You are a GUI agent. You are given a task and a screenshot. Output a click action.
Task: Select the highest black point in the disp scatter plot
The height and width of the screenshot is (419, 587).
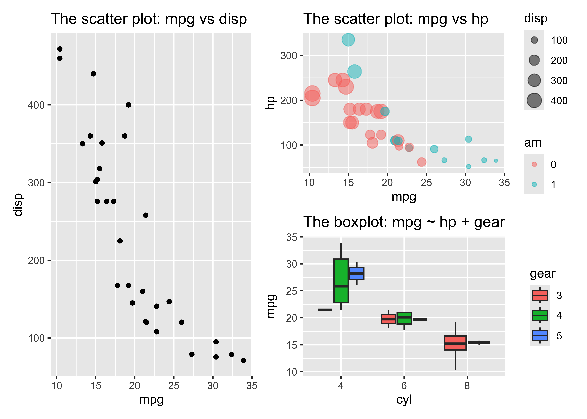(60, 49)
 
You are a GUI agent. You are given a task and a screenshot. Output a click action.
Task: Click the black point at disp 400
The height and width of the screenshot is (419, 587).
(129, 105)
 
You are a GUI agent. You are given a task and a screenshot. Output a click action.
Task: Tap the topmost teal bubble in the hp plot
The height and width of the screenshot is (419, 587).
(348, 40)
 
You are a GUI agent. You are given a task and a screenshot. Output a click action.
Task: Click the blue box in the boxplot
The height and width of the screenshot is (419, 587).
(357, 273)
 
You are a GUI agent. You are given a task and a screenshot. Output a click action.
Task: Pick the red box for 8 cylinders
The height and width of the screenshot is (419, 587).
(455, 343)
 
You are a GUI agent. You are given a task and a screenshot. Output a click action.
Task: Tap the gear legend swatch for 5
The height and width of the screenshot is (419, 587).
(540, 335)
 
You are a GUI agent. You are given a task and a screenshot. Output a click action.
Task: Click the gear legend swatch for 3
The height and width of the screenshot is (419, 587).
(540, 295)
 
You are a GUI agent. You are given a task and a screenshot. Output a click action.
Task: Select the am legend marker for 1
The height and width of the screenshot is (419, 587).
(534, 184)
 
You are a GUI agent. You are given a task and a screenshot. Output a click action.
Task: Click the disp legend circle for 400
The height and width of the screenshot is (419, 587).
(534, 100)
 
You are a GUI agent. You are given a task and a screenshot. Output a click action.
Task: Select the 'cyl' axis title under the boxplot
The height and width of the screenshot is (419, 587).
(404, 400)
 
